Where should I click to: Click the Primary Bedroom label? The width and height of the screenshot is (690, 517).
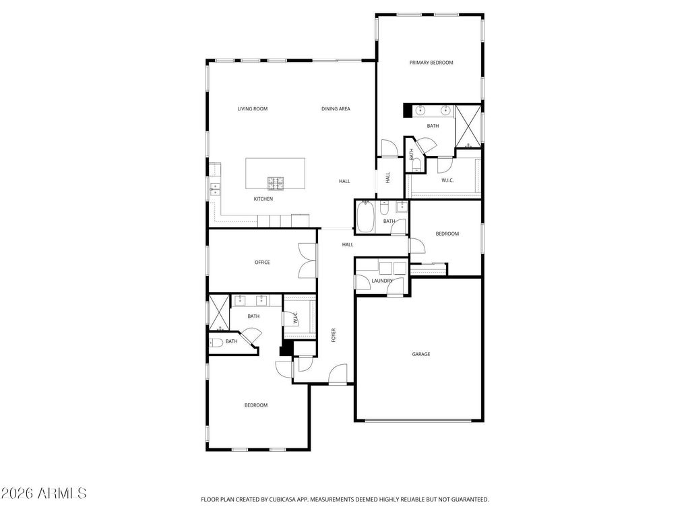point(431,63)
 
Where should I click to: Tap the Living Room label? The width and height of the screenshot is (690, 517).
point(253,108)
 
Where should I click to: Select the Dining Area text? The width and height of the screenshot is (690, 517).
point(336,108)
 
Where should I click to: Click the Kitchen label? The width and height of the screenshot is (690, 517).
point(263,199)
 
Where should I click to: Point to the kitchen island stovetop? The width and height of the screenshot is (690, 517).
point(276,181)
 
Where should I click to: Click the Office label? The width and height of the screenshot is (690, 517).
point(262,263)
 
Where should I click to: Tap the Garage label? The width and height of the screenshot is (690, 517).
point(421,354)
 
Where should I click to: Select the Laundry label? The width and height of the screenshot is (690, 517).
point(382,281)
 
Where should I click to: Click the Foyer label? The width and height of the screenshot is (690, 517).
point(334,335)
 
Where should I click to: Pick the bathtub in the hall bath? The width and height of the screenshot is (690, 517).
point(365,217)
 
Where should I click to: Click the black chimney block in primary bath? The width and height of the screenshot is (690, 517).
point(408,110)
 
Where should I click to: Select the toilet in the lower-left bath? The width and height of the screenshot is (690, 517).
point(216,342)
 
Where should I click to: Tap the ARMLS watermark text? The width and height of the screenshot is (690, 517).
point(44,493)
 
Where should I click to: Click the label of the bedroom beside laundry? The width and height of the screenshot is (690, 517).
point(447,234)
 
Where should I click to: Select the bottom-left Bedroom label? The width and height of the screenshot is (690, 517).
point(256,405)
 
